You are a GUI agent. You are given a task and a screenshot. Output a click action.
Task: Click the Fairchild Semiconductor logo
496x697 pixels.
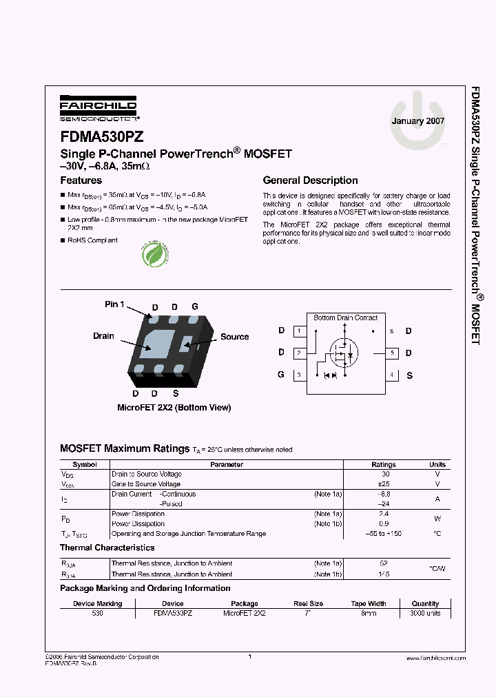click(x=98, y=109)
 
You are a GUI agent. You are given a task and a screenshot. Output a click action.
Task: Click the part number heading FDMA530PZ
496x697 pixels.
click(x=102, y=137)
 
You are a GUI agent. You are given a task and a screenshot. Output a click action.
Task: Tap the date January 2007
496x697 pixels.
click(x=418, y=121)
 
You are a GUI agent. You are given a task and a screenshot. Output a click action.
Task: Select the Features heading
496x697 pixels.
click(x=81, y=180)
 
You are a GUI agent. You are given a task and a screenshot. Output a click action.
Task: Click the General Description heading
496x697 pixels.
click(x=310, y=180)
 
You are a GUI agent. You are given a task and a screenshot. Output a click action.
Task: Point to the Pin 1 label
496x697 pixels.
click(x=114, y=304)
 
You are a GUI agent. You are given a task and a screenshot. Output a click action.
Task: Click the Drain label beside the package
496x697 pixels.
click(x=103, y=336)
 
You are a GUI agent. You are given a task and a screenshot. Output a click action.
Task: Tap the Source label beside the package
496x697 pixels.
click(x=234, y=337)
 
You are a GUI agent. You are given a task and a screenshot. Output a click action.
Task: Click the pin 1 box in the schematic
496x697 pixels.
click(x=298, y=331)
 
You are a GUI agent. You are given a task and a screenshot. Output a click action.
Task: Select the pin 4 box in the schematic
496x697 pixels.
click(x=392, y=375)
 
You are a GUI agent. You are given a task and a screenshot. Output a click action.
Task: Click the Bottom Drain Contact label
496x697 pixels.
click(x=345, y=318)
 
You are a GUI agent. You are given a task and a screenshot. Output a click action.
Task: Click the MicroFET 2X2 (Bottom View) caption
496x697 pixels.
click(x=174, y=408)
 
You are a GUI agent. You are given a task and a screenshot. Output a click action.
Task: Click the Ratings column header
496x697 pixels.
click(x=384, y=465)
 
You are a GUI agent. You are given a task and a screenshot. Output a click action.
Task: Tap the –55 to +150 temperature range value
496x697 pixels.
click(x=384, y=534)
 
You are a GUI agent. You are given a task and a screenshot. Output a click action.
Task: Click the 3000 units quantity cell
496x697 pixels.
click(x=425, y=613)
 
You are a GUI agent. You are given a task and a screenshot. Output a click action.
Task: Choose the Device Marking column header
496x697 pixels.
click(x=97, y=603)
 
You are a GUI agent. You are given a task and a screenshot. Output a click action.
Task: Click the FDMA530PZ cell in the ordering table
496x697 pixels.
click(x=173, y=613)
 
